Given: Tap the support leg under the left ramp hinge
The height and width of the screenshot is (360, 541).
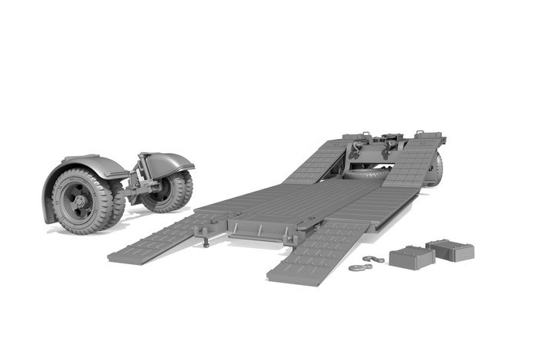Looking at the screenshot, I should [x=206, y=240].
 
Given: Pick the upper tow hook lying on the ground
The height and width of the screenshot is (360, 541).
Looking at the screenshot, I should [x=375, y=259].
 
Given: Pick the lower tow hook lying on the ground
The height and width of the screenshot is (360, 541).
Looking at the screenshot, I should [x=359, y=268].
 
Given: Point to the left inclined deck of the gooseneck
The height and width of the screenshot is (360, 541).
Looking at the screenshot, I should [x=317, y=162].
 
